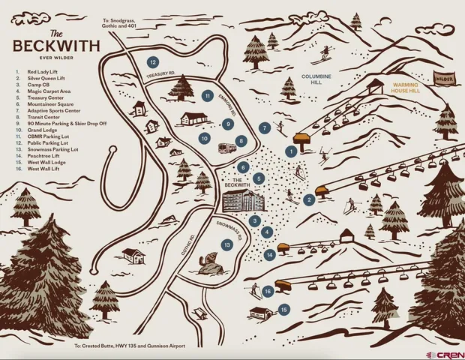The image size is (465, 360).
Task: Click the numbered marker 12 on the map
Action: (x=152, y=62)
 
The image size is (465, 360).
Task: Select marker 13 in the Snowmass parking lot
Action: (x=226, y=244)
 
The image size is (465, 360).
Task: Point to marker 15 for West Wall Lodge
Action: (x=283, y=309)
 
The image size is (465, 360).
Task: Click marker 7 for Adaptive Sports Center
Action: (x=265, y=128)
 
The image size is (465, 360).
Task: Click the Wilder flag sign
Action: (x=444, y=77)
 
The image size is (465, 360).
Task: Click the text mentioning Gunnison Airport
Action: (x=129, y=346)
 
